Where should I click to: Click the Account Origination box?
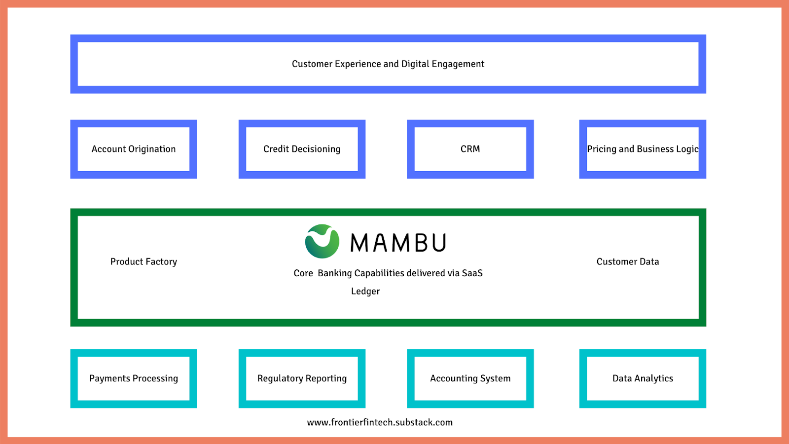134,149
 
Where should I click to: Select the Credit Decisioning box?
302,149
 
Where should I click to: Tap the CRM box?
470,149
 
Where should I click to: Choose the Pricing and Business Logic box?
643,149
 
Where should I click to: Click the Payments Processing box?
134,378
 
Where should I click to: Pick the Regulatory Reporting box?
302,378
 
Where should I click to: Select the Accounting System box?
470,378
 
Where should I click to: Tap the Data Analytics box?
643,378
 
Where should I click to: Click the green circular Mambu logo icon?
322,241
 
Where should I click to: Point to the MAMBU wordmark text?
398,243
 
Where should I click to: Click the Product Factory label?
143,261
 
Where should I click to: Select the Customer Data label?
627,261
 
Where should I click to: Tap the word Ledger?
365,291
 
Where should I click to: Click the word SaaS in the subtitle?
472,273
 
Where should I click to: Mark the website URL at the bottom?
380,422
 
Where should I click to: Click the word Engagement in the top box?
458,64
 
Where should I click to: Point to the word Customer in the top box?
312,64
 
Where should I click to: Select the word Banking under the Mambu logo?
335,273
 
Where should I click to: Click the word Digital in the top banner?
415,64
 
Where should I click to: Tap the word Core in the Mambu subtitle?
303,273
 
